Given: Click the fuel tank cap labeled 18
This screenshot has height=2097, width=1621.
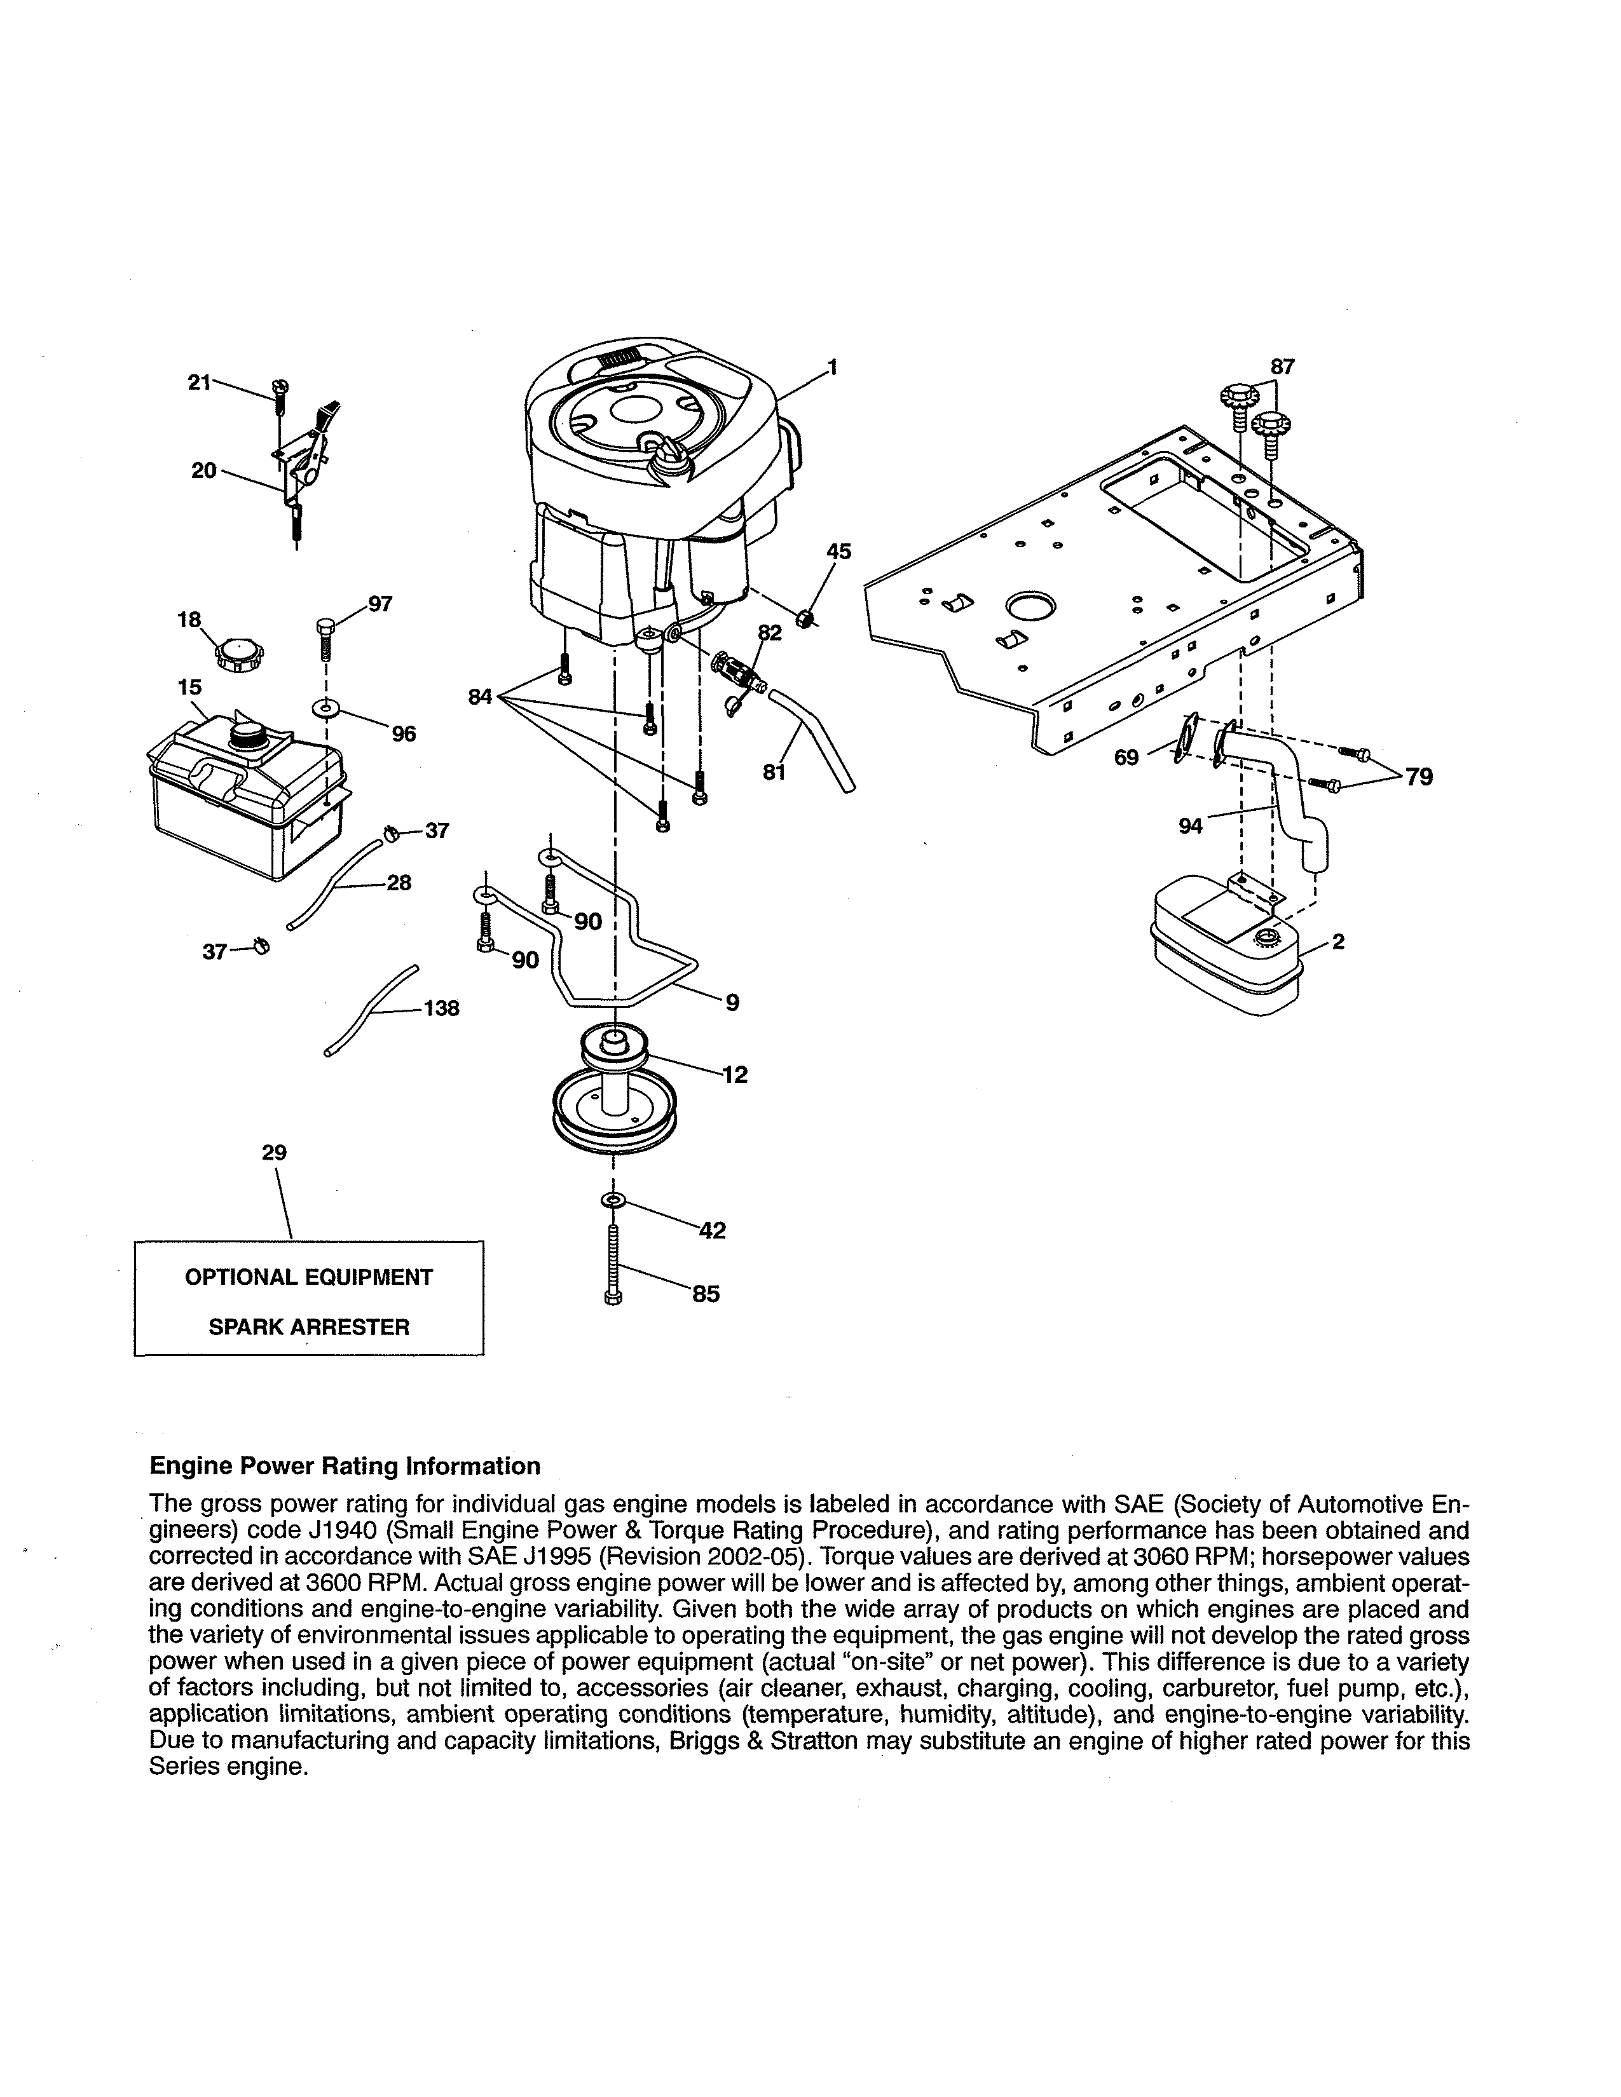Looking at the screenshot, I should (236, 658).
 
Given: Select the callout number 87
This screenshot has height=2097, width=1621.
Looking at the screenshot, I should (1282, 367).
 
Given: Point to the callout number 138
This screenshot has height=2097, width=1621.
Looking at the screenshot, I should (441, 1009).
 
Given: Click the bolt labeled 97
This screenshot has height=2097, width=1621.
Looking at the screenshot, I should (325, 637).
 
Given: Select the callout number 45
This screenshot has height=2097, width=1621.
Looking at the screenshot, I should (838, 552).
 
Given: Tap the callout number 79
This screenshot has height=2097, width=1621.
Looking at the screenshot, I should (1418, 777).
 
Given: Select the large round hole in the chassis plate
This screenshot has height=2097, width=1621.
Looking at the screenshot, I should (1029, 606).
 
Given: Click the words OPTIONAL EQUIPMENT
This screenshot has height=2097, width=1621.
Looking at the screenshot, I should (309, 1277).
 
